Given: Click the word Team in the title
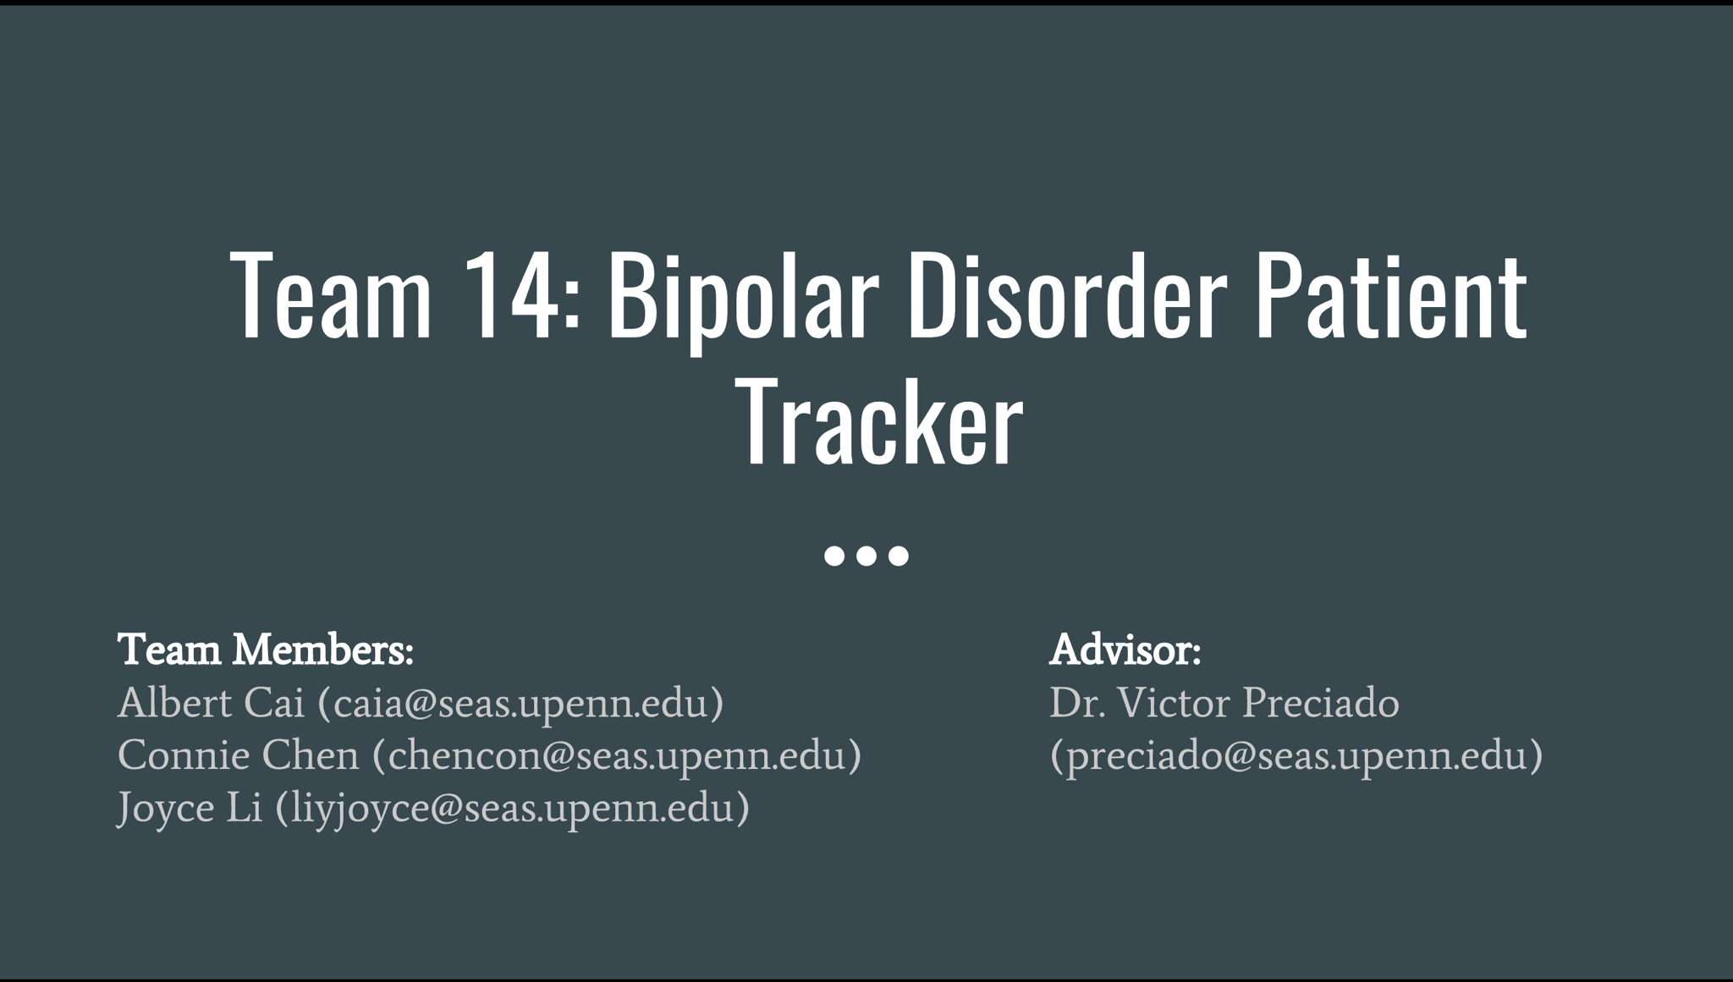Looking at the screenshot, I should point(331,295).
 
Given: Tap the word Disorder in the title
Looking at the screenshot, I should point(1066,295).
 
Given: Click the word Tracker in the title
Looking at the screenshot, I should point(880,422).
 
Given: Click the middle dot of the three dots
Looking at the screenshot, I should point(866,556).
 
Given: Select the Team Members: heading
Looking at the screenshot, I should point(266,650).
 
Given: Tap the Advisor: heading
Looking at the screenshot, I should point(1125,650).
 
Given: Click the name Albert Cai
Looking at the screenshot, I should point(211,703).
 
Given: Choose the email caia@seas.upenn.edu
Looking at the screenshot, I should point(520,704).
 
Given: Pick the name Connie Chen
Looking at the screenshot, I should point(239,755).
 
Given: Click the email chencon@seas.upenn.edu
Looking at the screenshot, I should point(617,755).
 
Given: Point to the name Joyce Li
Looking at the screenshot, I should point(190,808).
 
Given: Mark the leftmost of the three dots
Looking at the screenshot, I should point(834,556).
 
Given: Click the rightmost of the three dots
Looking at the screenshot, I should point(899,556).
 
